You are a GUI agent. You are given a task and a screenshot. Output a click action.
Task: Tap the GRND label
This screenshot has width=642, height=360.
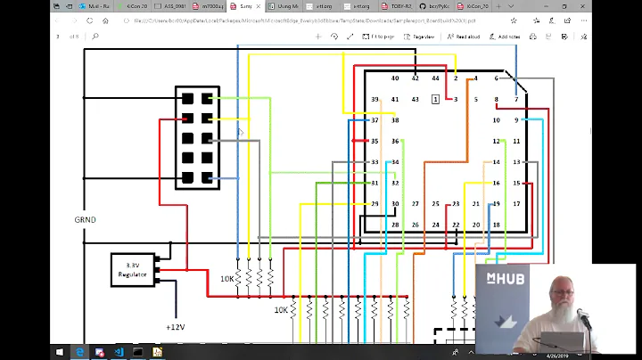(x=86, y=219)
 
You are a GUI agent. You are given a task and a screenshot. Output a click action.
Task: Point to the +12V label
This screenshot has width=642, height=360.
(x=175, y=327)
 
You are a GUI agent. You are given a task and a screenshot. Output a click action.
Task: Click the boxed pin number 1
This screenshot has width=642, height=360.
(x=435, y=99)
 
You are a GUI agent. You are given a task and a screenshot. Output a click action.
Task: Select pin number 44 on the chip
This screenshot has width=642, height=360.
(x=435, y=78)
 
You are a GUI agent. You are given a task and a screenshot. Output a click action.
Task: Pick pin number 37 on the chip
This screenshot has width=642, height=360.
(x=374, y=120)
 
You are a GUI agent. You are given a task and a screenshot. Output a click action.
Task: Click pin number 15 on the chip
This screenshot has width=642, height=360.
(x=516, y=184)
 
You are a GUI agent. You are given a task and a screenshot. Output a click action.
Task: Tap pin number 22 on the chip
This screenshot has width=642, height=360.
(x=456, y=225)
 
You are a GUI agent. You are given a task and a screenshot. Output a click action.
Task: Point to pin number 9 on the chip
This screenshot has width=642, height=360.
(x=516, y=120)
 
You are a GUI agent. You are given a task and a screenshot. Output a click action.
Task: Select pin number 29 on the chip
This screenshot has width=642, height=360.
(x=374, y=204)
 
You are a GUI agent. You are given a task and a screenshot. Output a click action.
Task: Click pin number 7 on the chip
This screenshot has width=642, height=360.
(x=516, y=99)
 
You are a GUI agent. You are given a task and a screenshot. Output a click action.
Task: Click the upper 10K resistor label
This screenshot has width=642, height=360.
(x=228, y=279)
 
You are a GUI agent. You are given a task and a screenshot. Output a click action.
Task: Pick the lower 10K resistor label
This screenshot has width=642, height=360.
(x=281, y=310)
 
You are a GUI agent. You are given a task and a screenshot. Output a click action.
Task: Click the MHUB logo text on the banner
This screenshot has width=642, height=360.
(x=505, y=279)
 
